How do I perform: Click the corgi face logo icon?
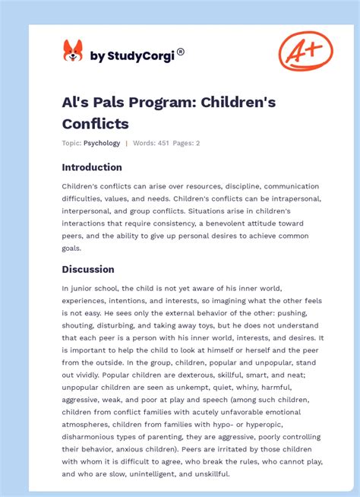tap(73, 52)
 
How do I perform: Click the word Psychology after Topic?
tap(102, 143)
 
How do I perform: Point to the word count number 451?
tap(163, 143)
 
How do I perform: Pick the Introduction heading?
tap(92, 167)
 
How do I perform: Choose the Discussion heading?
tap(88, 269)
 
